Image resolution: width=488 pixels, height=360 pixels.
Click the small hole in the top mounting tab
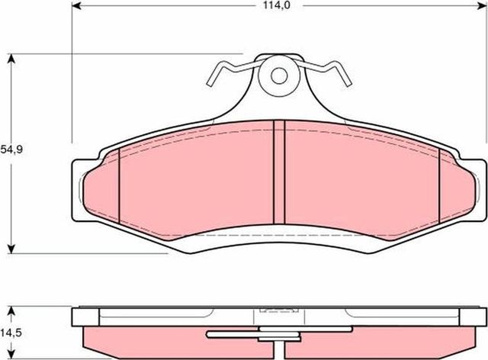[x=280, y=76]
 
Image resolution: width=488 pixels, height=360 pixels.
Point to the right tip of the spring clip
[x=349, y=82]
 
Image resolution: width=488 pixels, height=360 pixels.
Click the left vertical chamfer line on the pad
[x=120, y=188]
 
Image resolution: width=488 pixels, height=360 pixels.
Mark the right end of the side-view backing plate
[x=482, y=317]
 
